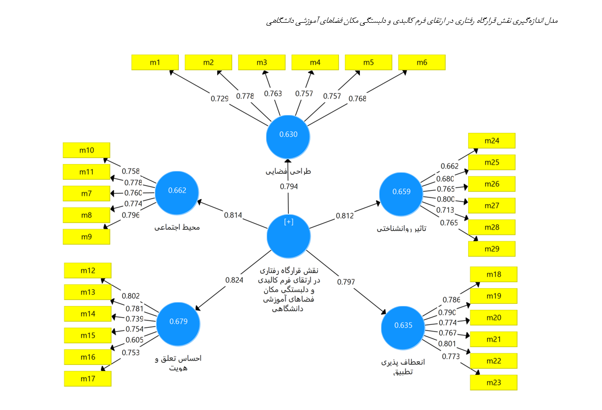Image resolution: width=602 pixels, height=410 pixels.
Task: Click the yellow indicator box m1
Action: [x=155, y=62]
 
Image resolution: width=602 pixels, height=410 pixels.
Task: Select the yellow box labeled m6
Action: [x=422, y=62]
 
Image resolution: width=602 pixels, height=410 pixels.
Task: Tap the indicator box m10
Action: [x=86, y=150]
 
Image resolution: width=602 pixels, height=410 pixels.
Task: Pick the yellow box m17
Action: [x=87, y=379]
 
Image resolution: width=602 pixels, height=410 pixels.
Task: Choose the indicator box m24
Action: [x=491, y=141]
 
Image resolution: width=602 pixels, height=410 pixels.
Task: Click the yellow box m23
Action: [x=493, y=383]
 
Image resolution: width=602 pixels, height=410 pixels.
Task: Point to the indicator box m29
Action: [x=491, y=249]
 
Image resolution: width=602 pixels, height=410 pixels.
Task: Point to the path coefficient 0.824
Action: [x=234, y=280]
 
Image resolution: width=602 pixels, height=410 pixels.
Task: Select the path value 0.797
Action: [x=346, y=282]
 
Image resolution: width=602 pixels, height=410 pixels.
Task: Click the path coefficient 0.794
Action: [x=288, y=186]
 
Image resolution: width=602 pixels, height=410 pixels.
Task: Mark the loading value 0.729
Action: [x=219, y=98]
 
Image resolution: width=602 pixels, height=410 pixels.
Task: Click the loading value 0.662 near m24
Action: [x=449, y=166]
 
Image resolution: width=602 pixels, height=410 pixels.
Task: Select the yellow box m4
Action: [x=315, y=62]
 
